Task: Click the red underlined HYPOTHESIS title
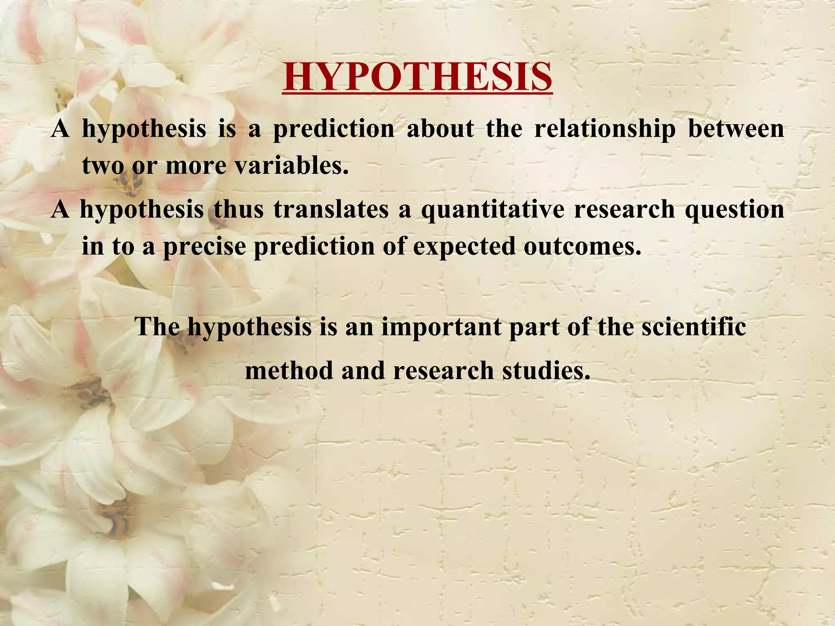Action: click(417, 77)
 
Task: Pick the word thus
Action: click(239, 209)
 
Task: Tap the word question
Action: click(734, 209)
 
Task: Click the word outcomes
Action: click(582, 246)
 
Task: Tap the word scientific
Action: click(694, 326)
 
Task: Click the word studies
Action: click(546, 371)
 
